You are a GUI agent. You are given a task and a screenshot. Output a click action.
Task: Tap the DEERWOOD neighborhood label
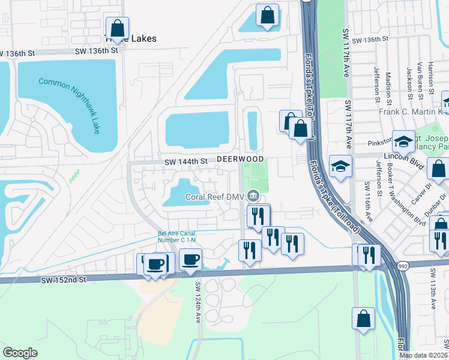click(240, 159)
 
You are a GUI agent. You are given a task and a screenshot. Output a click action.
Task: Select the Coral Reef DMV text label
click(214, 196)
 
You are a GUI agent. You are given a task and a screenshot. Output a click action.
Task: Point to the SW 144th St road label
click(186, 161)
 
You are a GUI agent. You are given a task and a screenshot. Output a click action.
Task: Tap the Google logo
click(20, 353)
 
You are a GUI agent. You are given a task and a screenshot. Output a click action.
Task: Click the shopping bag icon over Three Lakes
click(118, 28)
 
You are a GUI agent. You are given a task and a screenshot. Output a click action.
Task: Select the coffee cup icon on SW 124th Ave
click(190, 260)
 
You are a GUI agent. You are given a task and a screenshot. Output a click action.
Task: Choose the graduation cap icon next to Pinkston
click(403, 141)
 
